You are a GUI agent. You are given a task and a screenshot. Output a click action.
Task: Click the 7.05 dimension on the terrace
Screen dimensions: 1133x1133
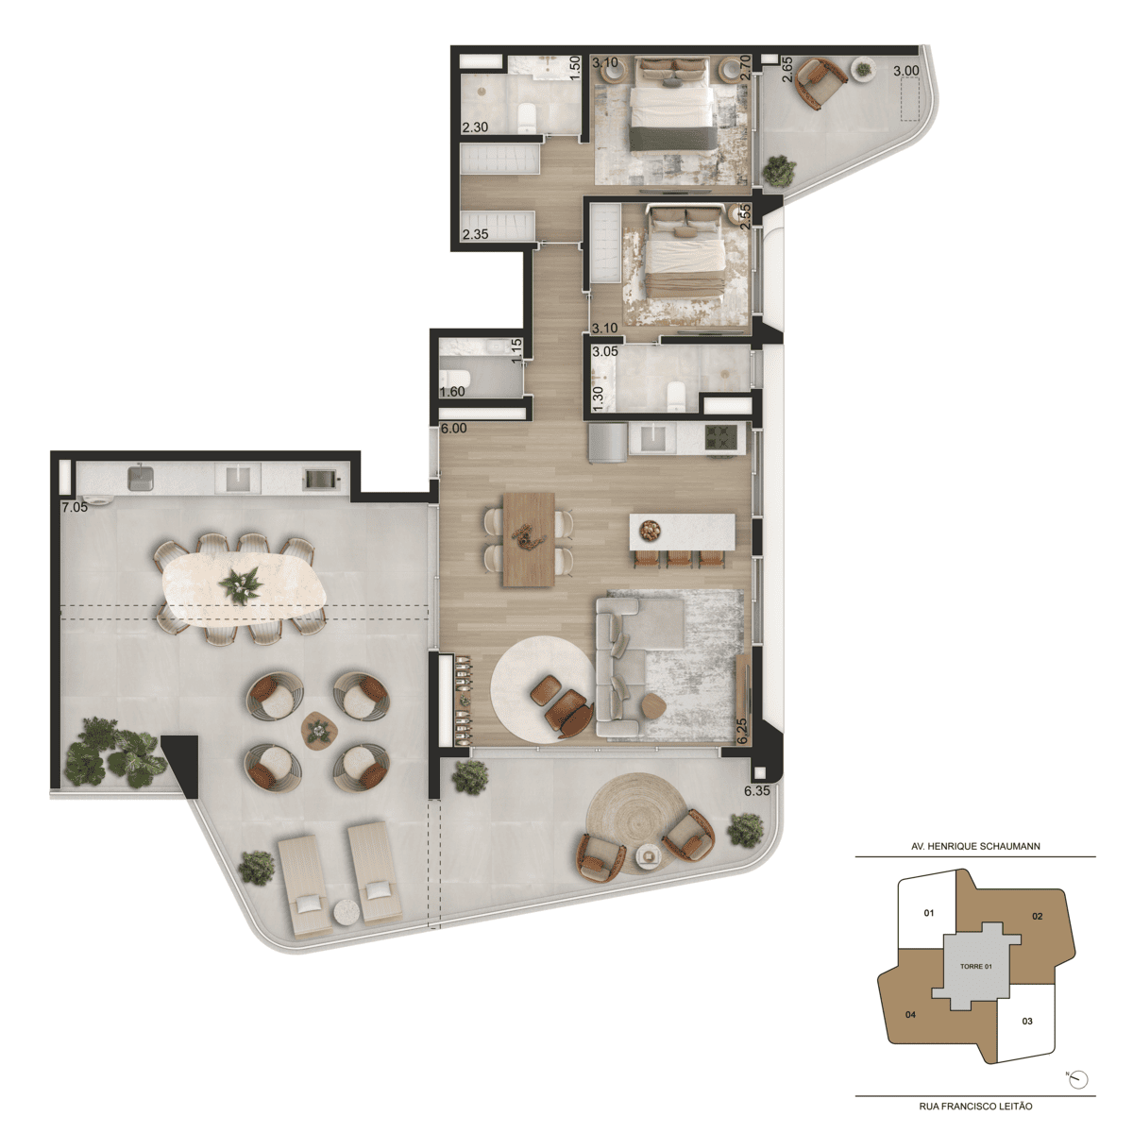[75, 507]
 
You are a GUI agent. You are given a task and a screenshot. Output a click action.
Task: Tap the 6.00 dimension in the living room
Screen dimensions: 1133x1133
[454, 428]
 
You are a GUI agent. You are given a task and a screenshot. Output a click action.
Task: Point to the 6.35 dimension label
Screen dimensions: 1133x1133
[756, 791]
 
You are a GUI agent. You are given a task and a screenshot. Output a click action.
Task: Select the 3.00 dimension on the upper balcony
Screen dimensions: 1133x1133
[906, 71]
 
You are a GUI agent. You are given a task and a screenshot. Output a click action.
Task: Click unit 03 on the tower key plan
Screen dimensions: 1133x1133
[1027, 1021]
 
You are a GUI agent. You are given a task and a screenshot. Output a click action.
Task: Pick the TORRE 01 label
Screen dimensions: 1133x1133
[976, 966]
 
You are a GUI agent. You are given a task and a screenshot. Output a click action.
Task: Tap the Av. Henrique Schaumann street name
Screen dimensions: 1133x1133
[975, 846]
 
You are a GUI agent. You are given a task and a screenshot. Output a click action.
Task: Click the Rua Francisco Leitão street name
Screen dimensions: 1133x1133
[975, 1106]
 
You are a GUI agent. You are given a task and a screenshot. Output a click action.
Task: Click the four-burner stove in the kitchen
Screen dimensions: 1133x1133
[720, 437]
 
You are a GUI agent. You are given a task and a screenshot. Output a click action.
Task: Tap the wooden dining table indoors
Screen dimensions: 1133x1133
[529, 540]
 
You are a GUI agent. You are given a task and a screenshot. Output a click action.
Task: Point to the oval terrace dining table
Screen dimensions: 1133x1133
[244, 588]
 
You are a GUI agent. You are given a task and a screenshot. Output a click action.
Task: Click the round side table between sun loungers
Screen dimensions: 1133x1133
[347, 913]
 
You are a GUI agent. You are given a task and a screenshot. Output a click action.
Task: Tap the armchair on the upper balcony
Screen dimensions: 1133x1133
[820, 83]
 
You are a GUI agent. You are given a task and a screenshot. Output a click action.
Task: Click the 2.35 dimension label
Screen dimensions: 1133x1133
[475, 234]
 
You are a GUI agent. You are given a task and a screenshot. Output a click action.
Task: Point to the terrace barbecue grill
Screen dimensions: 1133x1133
[319, 480]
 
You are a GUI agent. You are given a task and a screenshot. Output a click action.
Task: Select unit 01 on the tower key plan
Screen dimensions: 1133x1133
[929, 912]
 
